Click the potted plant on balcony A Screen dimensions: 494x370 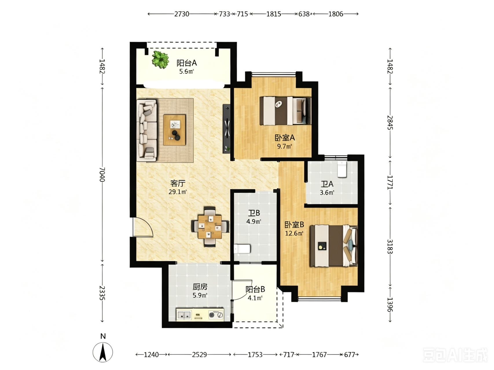pyautogui.click(x=160, y=59)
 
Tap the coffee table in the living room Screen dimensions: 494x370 pyautogui.click(x=175, y=130)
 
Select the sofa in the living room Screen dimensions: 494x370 pyautogui.click(x=147, y=130)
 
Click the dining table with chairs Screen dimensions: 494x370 pyautogui.click(x=210, y=226)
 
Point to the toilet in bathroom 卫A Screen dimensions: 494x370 pyautogui.click(x=342, y=169)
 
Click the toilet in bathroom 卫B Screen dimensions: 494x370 pyautogui.click(x=242, y=249)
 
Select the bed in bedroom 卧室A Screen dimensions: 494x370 pyautogui.click(x=285, y=111)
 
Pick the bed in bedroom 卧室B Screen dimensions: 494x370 pyautogui.click(x=334, y=246)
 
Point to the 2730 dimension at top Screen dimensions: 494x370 pyautogui.click(x=182, y=14)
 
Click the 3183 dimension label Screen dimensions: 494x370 pyautogui.click(x=390, y=246)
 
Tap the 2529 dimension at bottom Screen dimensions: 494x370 pyautogui.click(x=199, y=354)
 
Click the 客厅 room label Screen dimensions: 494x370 pyautogui.click(x=178, y=183)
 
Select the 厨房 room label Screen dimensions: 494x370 pyautogui.click(x=200, y=287)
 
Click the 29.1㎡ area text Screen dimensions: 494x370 pyautogui.click(x=178, y=192)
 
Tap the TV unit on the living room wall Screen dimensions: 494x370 pyautogui.click(x=227, y=128)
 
